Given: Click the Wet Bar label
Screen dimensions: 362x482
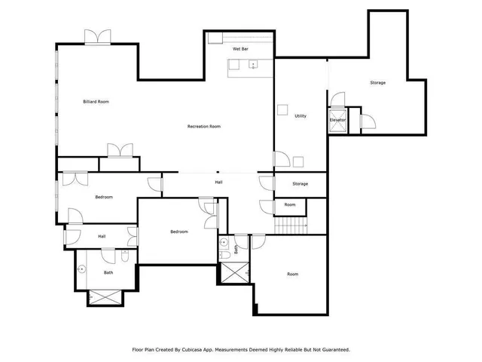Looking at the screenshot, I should point(240,48).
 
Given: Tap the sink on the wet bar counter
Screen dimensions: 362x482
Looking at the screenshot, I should point(253,64).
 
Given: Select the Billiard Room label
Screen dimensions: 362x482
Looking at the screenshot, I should point(96,101).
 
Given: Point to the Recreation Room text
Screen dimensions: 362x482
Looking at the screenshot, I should point(203,127).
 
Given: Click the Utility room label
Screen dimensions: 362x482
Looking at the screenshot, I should point(300,116).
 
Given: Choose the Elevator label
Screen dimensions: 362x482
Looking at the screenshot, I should point(337,120).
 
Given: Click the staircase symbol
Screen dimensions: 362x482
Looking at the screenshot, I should point(291,225).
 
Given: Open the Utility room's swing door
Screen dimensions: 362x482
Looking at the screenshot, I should point(281,158).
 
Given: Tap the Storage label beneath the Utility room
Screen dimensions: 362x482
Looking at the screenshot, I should point(300,184).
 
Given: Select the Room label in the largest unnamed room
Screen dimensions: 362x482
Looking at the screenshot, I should point(293,275).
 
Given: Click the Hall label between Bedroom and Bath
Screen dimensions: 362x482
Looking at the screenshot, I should point(101,236).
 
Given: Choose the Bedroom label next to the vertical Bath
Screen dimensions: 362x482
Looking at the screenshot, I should point(178,232).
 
